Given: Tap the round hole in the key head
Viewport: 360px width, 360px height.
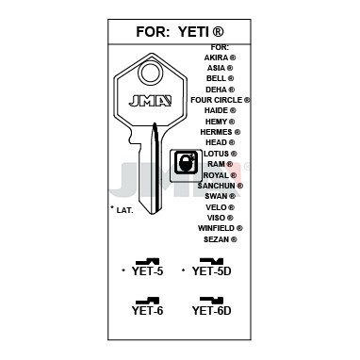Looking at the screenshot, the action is click(150, 73).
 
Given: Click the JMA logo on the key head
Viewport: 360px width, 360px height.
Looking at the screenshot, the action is click(150, 101).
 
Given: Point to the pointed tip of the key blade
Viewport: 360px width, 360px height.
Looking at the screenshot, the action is click(153, 215).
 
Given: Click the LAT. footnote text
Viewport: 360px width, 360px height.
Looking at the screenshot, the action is click(124, 210).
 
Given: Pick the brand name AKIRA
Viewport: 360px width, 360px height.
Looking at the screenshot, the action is click(216, 57).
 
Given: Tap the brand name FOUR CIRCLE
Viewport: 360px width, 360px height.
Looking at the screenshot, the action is click(217, 100).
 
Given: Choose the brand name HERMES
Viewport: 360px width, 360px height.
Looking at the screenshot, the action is click(216, 132).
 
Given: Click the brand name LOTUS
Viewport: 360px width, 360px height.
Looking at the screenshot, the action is click(216, 154).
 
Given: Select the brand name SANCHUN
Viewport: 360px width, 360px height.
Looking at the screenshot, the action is click(216, 186).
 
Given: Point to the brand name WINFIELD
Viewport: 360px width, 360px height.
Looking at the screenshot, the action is click(216, 228).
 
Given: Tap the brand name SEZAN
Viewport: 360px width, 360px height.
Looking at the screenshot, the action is click(216, 239).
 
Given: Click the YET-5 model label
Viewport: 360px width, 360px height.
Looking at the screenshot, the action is click(147, 270).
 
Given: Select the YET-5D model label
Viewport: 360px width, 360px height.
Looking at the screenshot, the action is click(211, 270).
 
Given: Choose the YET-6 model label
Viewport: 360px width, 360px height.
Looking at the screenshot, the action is click(147, 310).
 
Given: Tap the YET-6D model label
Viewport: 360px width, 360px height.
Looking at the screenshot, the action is click(211, 310).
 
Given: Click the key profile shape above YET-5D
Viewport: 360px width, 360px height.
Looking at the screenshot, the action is click(211, 261).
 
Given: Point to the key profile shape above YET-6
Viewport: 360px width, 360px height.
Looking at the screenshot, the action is click(147, 301).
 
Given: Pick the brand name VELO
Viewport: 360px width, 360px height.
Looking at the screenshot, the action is click(216, 207).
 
